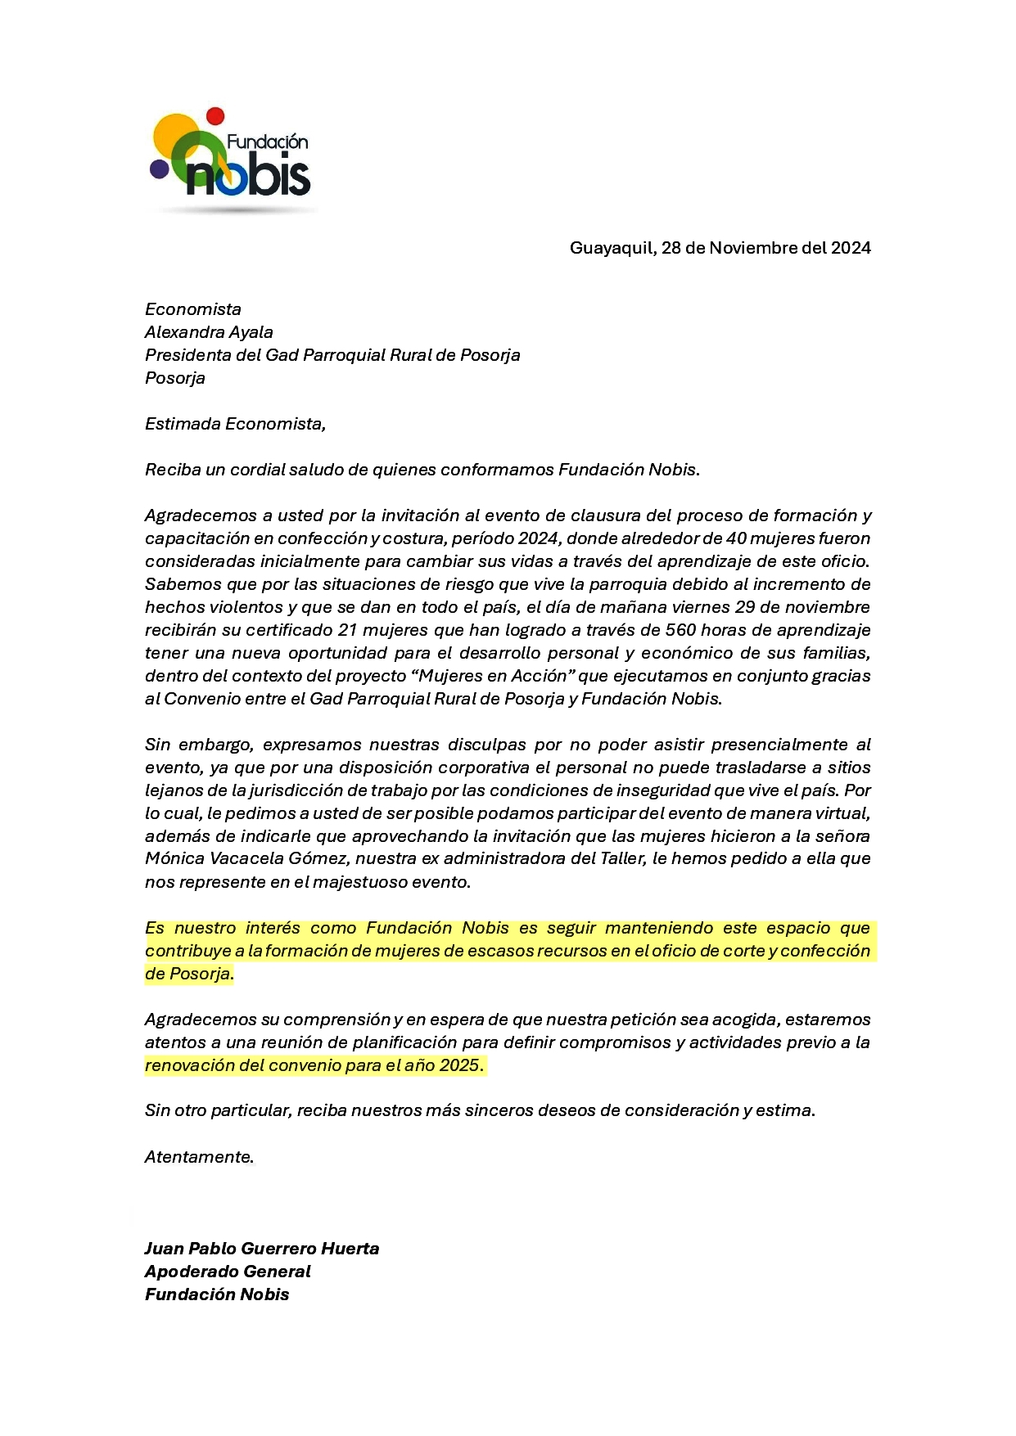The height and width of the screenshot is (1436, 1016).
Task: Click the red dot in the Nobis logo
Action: click(x=215, y=115)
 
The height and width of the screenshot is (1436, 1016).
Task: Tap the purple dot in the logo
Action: click(x=159, y=169)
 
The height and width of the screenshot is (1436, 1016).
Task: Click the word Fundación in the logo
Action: click(x=268, y=142)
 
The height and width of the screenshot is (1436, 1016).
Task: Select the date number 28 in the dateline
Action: click(x=671, y=248)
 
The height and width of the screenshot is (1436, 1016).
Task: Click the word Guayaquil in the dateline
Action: click(x=612, y=248)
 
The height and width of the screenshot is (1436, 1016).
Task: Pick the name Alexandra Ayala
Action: click(x=209, y=332)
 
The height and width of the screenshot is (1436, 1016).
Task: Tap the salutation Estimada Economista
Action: click(x=235, y=424)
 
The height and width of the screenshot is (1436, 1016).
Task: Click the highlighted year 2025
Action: click(x=459, y=1065)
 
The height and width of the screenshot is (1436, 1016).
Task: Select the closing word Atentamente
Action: click(x=199, y=1157)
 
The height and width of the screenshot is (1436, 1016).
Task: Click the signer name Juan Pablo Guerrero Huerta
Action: click(x=262, y=1249)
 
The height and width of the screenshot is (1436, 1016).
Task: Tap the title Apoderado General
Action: click(x=228, y=1272)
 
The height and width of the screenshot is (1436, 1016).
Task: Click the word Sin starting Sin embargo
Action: click(x=158, y=745)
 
